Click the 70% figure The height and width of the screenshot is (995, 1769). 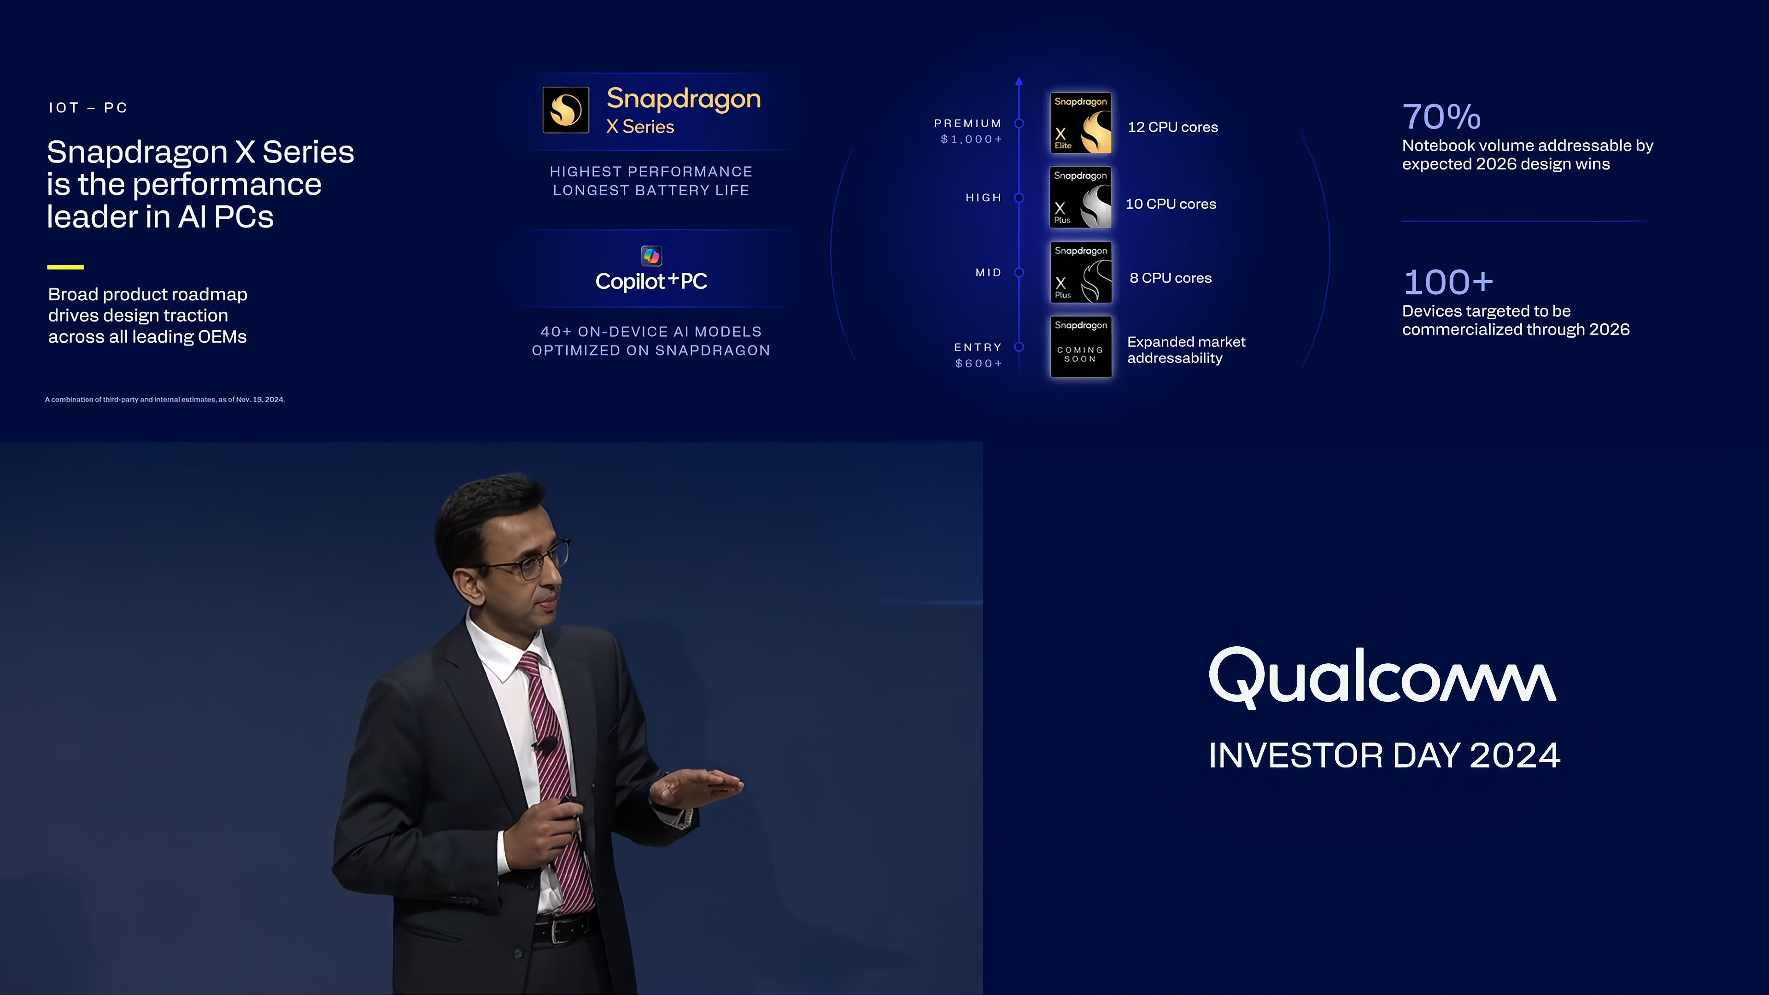1441,117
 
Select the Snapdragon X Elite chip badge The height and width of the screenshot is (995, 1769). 1080,123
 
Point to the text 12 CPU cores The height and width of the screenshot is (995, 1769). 1172,127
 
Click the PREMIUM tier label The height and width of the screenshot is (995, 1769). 967,123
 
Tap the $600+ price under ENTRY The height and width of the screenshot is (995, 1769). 978,363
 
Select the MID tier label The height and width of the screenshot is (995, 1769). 988,273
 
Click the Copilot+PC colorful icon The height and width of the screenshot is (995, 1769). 651,256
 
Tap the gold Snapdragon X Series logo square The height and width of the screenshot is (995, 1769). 566,110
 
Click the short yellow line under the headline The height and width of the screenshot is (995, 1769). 65,267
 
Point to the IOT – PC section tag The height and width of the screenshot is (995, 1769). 88,108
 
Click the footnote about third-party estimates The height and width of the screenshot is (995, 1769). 165,400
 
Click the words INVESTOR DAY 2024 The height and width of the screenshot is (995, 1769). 1384,755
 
